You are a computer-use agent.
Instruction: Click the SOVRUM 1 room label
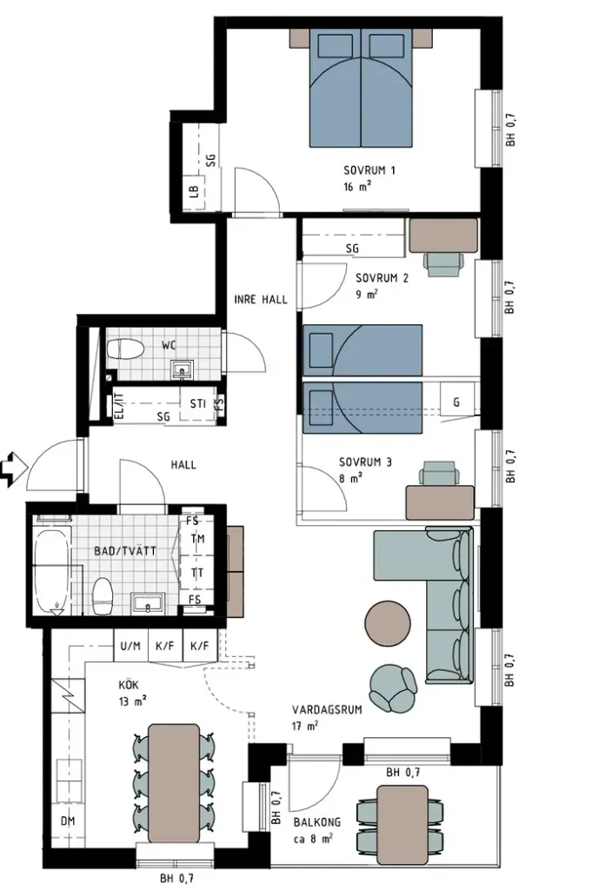click(369, 170)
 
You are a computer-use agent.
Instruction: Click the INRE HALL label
click(261, 299)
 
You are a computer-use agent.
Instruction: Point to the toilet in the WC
click(124, 349)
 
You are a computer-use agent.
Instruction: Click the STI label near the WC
click(197, 404)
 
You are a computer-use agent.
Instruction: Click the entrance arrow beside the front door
click(14, 468)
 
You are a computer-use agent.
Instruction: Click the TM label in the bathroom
click(197, 538)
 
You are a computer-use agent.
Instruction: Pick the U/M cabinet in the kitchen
click(130, 646)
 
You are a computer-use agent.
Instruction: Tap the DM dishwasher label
click(68, 821)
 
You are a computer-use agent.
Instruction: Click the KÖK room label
click(129, 685)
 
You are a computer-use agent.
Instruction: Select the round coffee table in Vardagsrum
click(387, 623)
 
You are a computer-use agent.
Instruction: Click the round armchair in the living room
click(392, 687)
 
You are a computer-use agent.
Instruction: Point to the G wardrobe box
click(456, 402)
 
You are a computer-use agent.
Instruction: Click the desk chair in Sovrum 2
click(444, 264)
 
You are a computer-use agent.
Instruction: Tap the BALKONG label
click(317, 821)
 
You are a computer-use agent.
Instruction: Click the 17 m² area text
click(305, 726)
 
